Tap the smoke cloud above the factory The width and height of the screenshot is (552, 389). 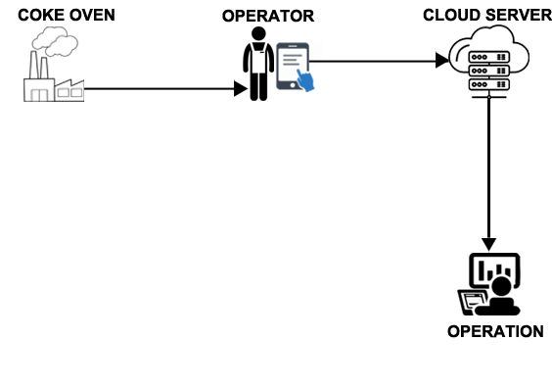54,41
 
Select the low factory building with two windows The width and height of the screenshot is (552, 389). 69,89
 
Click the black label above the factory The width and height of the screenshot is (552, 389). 66,15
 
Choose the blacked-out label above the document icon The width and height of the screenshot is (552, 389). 268,16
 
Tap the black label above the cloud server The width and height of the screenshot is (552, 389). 486,15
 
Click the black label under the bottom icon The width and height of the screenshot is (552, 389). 495,331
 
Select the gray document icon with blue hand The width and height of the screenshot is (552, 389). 298,67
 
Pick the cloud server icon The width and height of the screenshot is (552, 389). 488,61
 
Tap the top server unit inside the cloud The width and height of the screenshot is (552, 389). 488,57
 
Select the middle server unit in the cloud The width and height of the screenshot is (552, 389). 488,71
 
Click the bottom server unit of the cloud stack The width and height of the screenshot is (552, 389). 488,84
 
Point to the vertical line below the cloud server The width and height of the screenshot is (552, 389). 488,167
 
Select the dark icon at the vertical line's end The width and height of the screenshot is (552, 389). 488,284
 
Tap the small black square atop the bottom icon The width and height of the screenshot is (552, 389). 489,245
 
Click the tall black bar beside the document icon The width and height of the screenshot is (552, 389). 256,64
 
